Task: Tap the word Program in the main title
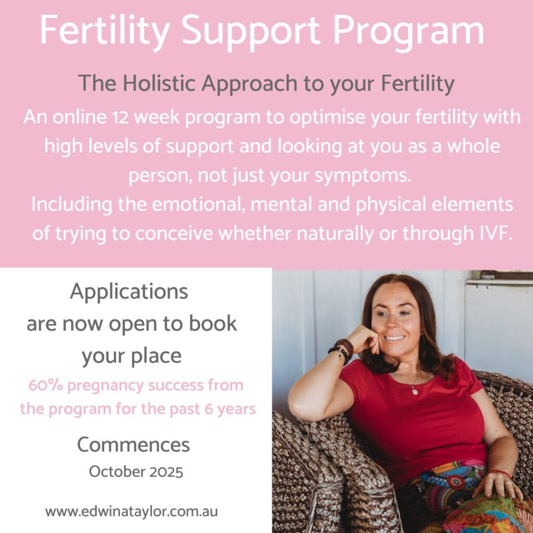coord(408,32)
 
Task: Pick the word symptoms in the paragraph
coord(362,176)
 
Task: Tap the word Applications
coord(129,293)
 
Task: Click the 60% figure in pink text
coord(45,386)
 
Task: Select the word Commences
coord(133,445)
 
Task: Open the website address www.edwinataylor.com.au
coord(132,512)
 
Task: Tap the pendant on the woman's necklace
coord(415,391)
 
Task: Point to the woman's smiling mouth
coord(395,338)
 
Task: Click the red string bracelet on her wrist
coord(500,473)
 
